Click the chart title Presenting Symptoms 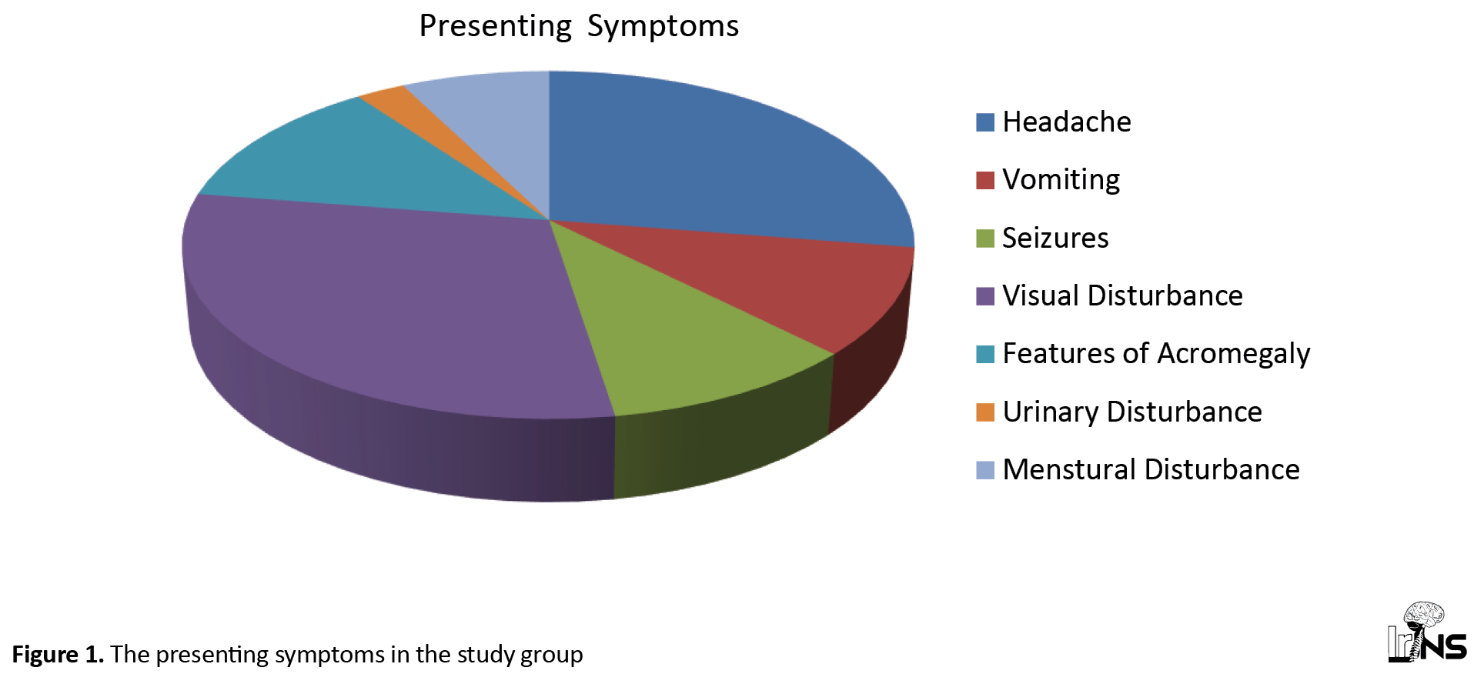pos(579,27)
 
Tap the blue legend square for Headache pos(985,122)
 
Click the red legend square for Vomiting pos(985,180)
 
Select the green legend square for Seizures pos(985,239)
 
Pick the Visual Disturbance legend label pos(1122,296)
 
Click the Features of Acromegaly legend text pos(1156,354)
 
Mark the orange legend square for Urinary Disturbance pos(985,412)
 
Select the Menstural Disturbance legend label pos(1151,470)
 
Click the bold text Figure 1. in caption pos(58,655)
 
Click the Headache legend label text pos(1067,122)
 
